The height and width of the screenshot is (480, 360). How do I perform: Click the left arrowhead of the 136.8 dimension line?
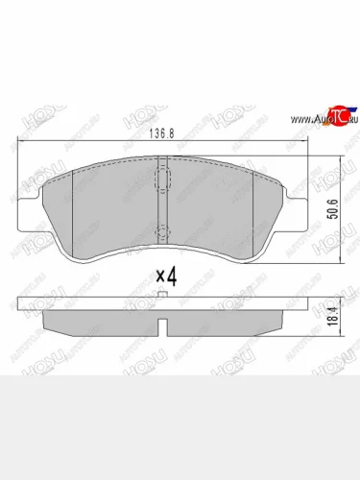(x=21, y=141)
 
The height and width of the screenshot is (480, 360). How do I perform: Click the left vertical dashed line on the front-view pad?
(x=75, y=206)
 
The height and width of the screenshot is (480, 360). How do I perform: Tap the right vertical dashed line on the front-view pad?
(x=253, y=206)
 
